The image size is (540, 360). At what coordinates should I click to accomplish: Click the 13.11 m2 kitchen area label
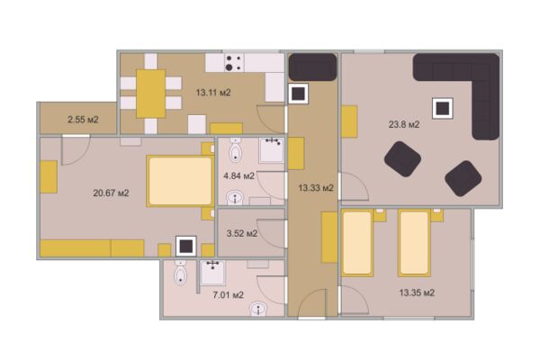pos(213,93)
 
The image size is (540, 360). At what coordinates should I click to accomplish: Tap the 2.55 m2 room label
pos(83,120)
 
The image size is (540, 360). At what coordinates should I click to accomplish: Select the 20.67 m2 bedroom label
pos(111,193)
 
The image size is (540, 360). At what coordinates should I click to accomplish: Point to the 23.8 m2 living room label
pos(404,124)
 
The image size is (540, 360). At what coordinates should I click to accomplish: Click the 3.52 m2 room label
pos(242,234)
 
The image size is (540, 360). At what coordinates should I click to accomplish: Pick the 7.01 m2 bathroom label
pos(228,295)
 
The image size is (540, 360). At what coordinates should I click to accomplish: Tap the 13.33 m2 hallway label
pos(316,188)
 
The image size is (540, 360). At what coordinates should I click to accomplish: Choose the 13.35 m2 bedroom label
pos(417,292)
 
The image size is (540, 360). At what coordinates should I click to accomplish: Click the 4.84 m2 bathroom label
pos(239,176)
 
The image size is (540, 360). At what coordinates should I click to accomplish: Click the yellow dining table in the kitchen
pos(151,94)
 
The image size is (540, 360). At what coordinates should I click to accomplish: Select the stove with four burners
pos(234,62)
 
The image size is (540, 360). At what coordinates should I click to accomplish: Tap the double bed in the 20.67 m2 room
pos(180,181)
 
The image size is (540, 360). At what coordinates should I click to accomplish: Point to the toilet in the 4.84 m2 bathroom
pos(235,150)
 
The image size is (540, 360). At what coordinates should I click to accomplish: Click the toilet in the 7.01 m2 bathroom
pos(181,273)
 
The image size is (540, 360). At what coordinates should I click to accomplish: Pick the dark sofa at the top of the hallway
pos(312,67)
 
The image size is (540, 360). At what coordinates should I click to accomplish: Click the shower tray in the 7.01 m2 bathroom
pos(213,273)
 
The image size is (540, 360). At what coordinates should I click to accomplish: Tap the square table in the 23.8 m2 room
pos(443,109)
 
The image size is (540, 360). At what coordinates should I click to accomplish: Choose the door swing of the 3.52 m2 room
pos(272,234)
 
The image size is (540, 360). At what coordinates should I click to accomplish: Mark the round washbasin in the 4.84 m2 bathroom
pos(235,198)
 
